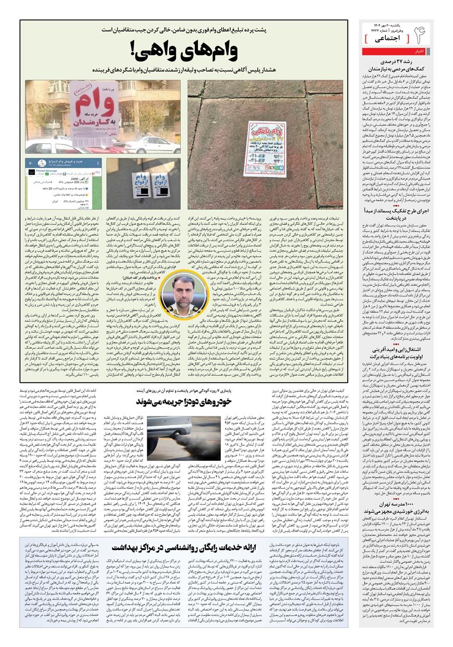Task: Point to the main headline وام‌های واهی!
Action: click(x=184, y=51)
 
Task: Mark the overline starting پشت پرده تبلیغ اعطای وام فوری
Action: click(x=184, y=31)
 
